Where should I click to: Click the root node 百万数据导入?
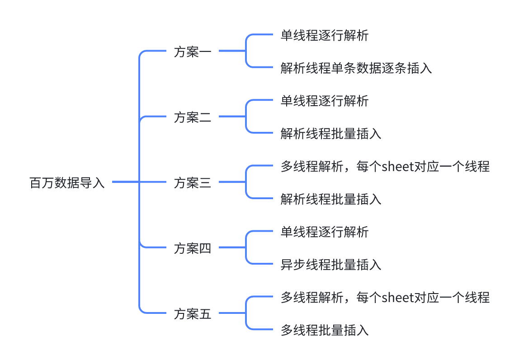pyautogui.click(x=67, y=183)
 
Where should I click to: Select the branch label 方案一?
pyautogui.click(x=192, y=52)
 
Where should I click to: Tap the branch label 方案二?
pyautogui.click(x=192, y=117)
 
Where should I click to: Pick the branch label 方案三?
pyautogui.click(x=192, y=183)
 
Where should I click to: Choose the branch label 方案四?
pyautogui.click(x=192, y=248)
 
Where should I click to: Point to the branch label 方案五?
pyautogui.click(x=192, y=314)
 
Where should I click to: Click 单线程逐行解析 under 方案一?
pyautogui.click(x=324, y=36)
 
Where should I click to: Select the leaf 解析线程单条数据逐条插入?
pyautogui.click(x=356, y=68)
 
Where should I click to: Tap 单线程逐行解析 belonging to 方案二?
pyautogui.click(x=324, y=101)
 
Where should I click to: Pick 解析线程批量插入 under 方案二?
pyautogui.click(x=330, y=134)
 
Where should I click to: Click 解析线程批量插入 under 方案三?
pyautogui.click(x=330, y=199)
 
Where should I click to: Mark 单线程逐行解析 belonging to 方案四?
pyautogui.click(x=324, y=232)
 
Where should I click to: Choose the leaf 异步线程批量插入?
pyautogui.click(x=330, y=265)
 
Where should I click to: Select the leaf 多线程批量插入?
pyautogui.click(x=324, y=330)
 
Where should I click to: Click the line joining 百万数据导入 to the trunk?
pyautogui.click(x=125, y=182)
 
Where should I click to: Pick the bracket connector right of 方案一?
pyautogui.click(x=246, y=51)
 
